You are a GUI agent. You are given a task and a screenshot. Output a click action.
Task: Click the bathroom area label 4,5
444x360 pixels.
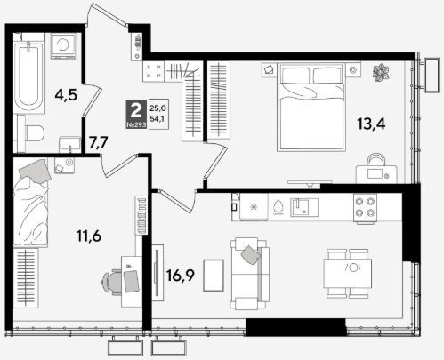pos(66,95)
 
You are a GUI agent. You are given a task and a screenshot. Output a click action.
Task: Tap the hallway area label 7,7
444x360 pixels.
pos(99,143)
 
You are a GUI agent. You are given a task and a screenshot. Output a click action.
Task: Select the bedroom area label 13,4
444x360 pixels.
pos(371,124)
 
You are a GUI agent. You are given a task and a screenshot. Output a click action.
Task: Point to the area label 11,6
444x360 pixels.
pos(89,236)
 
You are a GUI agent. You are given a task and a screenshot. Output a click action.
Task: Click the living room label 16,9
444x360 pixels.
pos(181,276)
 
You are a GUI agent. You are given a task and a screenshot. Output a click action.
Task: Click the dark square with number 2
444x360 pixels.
pos(136,114)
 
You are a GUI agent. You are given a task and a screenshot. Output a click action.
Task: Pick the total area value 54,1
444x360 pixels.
pos(157,119)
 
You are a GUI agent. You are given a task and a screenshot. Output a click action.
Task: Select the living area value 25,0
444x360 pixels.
pos(157,108)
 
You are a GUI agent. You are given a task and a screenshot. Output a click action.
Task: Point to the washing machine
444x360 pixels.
pos(63,46)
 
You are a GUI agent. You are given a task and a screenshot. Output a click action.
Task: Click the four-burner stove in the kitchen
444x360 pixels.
pos(365,208)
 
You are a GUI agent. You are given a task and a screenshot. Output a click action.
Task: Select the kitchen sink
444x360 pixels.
pos(304,207)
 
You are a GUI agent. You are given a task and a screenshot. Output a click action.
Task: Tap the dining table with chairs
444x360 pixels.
pos(348,274)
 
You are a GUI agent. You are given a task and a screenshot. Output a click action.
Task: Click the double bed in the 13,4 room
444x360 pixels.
pos(311,108)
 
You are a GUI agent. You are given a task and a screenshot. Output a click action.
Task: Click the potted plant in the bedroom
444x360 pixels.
pos(381,73)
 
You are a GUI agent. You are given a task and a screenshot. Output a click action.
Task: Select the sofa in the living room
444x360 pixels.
pos(250,274)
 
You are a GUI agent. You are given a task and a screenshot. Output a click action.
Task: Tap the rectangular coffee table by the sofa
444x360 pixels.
pos(214,276)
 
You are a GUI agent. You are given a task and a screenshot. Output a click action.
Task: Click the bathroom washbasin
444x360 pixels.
pos(70,144)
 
